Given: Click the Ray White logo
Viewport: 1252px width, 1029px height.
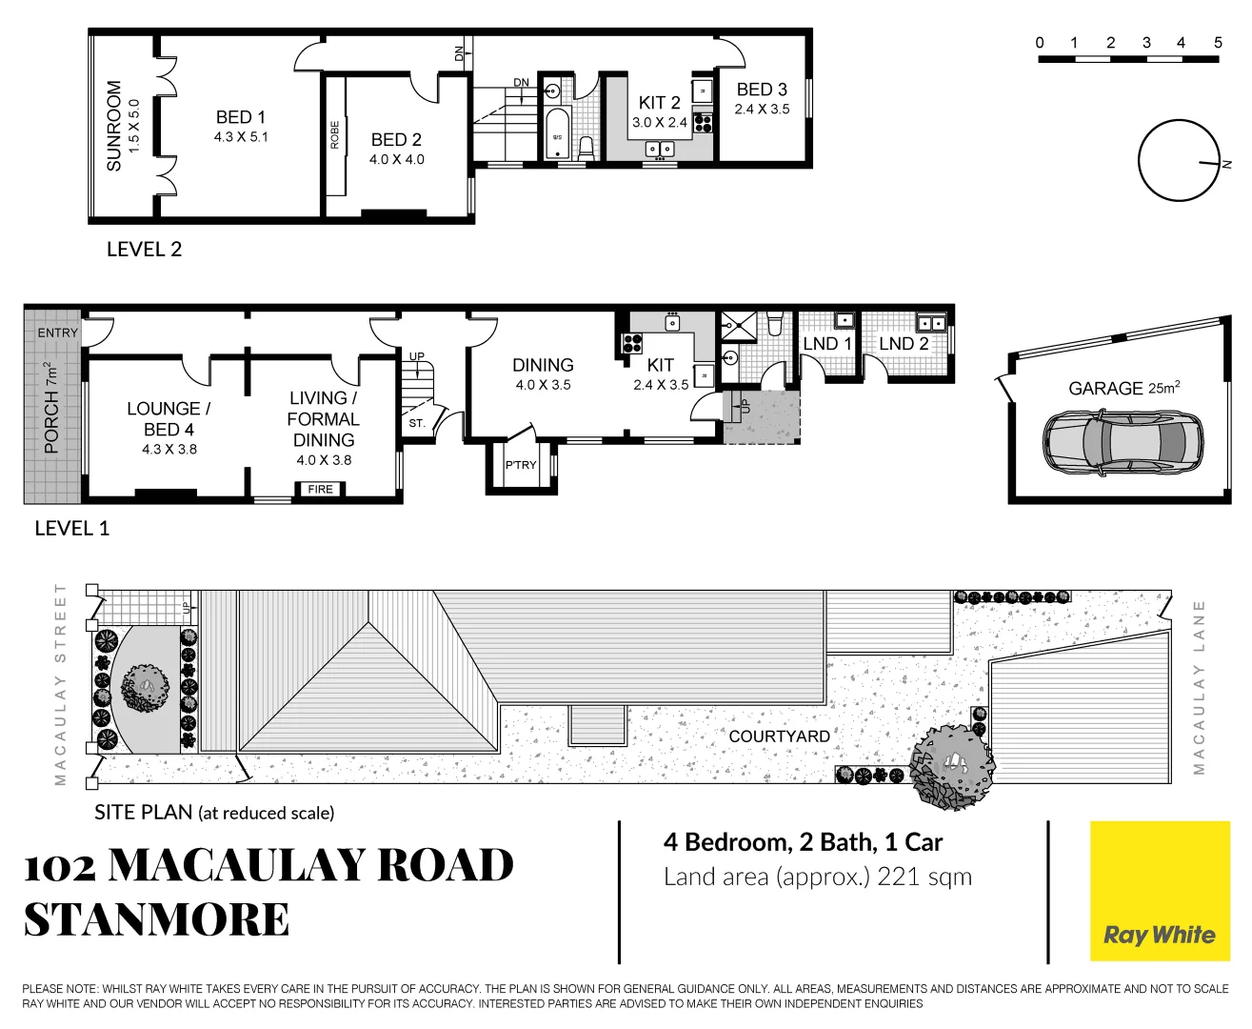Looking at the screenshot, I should (1159, 935).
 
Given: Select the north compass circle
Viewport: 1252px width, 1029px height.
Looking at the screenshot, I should (1179, 160).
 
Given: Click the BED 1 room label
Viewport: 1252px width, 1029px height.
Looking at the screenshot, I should (241, 117).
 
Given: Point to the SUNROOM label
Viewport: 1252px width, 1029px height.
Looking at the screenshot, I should (114, 126).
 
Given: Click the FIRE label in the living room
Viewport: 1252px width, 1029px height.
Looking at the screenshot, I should (321, 489).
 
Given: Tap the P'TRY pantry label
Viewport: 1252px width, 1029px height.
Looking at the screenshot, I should (521, 465).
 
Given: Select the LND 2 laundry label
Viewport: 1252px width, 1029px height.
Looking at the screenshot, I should (903, 344).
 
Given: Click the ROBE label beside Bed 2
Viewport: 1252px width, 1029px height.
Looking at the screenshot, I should (335, 134).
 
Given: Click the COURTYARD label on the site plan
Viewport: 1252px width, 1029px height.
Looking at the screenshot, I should (779, 736).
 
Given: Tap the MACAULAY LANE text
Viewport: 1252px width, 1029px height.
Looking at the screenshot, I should (1199, 686).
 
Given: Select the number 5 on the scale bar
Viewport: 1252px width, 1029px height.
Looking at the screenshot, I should (1218, 43).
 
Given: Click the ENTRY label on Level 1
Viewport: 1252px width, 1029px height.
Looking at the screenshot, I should (58, 333).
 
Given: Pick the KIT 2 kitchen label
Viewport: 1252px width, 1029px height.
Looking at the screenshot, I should (659, 103).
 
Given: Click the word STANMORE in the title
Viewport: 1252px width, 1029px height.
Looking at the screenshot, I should (156, 919).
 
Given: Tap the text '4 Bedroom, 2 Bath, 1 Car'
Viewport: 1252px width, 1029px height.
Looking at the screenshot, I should (803, 842).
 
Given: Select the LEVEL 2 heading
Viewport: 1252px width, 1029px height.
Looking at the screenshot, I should (144, 250).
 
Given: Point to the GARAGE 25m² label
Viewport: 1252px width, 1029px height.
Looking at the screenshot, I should (1123, 388).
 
